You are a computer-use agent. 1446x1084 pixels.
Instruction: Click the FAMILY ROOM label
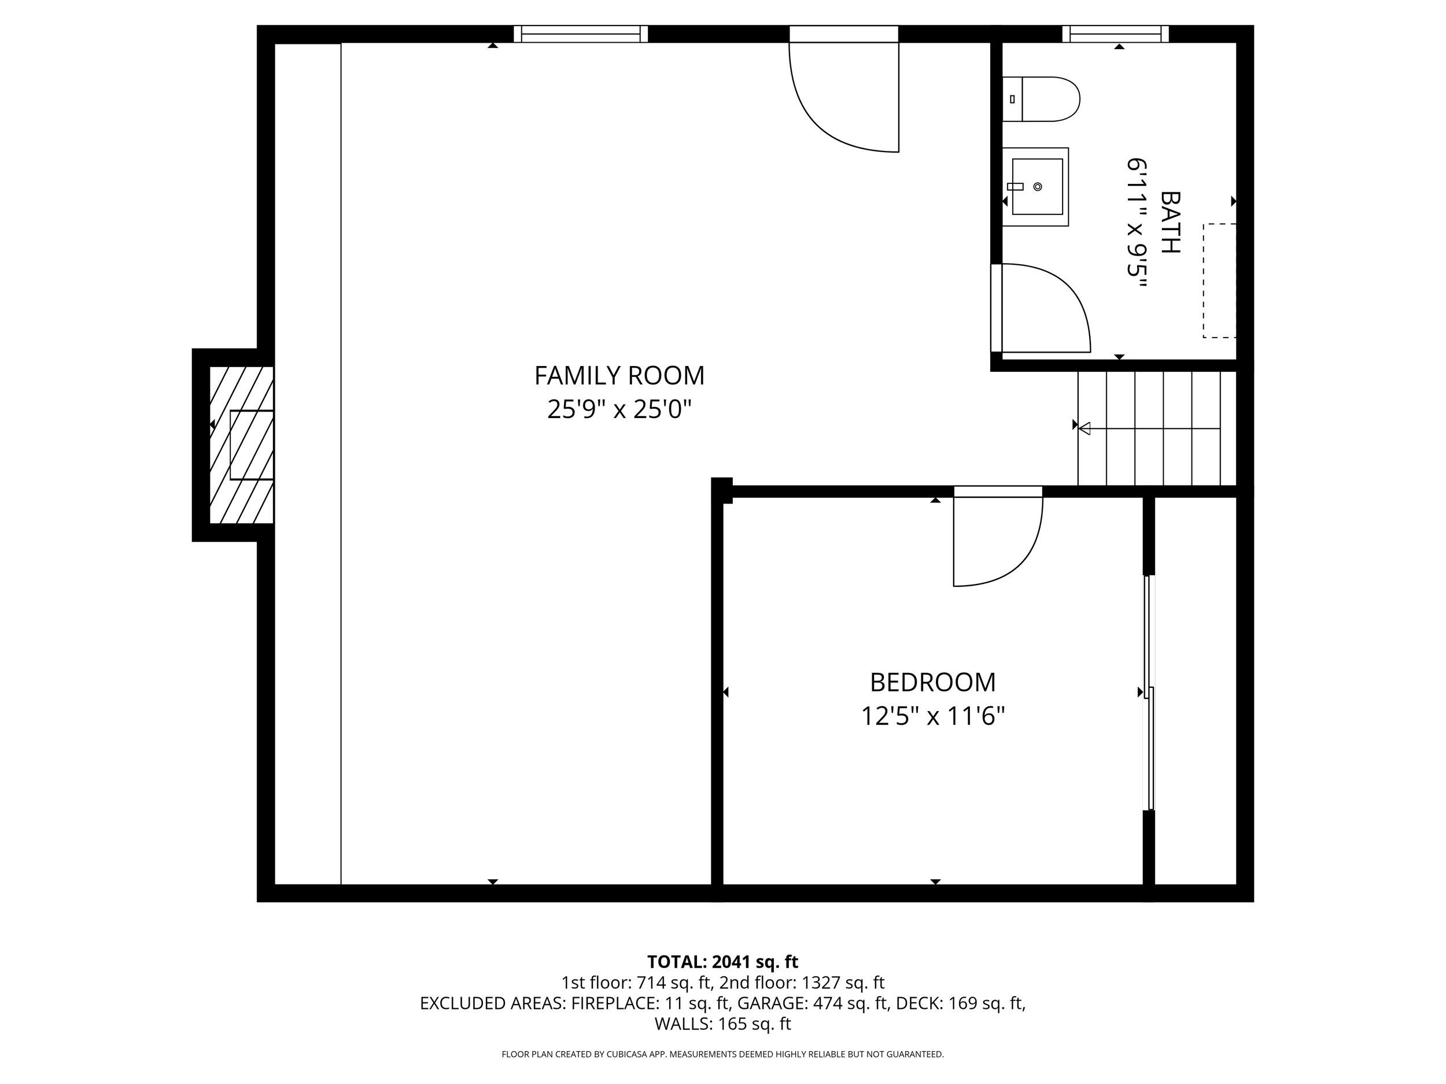pyautogui.click(x=619, y=376)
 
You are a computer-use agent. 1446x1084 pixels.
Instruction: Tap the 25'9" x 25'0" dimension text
pyautogui.click(x=619, y=410)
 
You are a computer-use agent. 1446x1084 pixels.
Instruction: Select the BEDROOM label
pyautogui.click(x=932, y=683)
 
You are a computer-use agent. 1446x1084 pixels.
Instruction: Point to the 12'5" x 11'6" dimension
pyautogui.click(x=932, y=717)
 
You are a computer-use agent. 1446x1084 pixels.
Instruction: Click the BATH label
pyautogui.click(x=1170, y=222)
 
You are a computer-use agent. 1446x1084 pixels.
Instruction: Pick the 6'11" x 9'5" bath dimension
pyautogui.click(x=1137, y=225)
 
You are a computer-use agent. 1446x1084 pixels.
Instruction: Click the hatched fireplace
pyautogui.click(x=241, y=445)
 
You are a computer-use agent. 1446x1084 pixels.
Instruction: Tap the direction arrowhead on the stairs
pyautogui.click(x=1084, y=428)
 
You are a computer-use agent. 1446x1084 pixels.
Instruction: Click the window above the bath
pyautogui.click(x=1115, y=34)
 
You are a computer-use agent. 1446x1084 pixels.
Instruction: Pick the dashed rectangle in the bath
pyautogui.click(x=1219, y=281)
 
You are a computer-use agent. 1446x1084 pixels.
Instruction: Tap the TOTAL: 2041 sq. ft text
pyautogui.click(x=722, y=962)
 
